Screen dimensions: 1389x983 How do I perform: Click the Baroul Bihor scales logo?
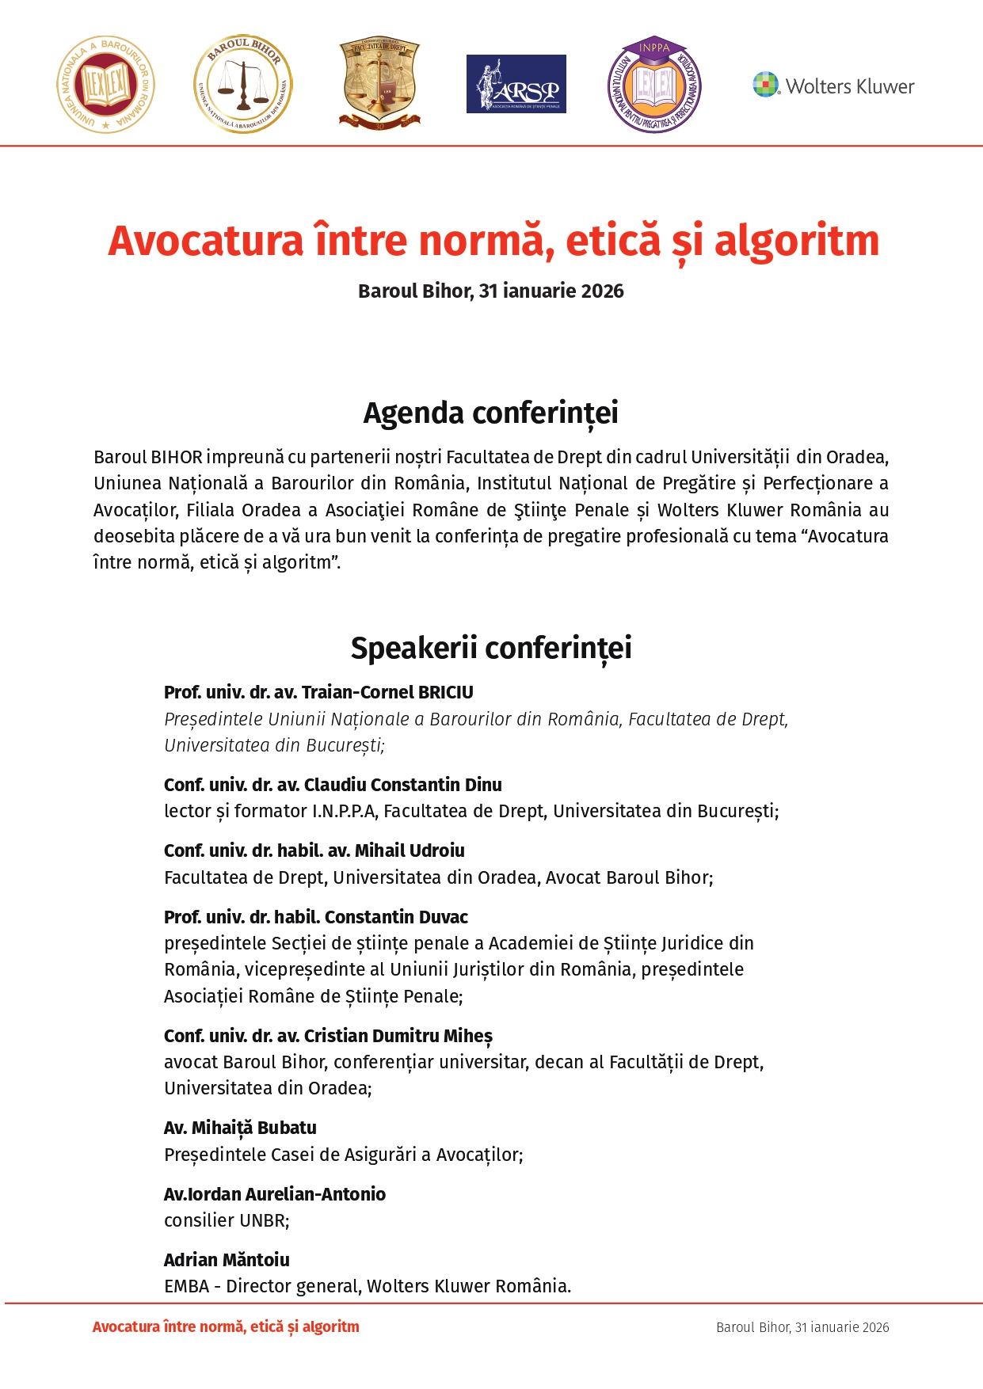coord(243,84)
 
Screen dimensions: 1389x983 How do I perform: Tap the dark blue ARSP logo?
coord(516,84)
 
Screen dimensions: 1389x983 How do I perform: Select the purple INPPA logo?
coord(654,84)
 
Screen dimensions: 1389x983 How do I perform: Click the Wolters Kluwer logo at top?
coord(833,85)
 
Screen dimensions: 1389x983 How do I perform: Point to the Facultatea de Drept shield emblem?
coord(379,82)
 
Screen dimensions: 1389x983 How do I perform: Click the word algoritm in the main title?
coord(796,241)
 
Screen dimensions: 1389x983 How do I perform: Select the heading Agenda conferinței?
coord(490,413)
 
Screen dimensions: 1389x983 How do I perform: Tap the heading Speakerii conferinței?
coord(490,648)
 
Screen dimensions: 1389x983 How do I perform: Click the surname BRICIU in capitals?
coord(445,693)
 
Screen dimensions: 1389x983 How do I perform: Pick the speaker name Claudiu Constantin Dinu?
coord(402,785)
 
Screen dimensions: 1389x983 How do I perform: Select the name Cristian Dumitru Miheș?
coord(398,1036)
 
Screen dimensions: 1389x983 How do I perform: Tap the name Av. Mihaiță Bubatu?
coord(240,1128)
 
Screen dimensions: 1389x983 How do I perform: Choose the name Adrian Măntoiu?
coord(227,1260)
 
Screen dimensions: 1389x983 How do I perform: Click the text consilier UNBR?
coord(226,1220)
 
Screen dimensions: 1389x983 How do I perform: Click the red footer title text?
coord(226,1327)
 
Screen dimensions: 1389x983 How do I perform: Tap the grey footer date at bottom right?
coord(802,1327)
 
